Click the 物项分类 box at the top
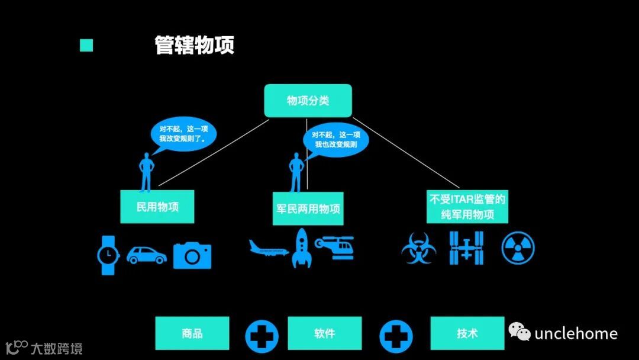pyautogui.click(x=308, y=100)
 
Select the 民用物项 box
pyautogui.click(x=157, y=207)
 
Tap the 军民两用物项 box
pyautogui.click(x=308, y=208)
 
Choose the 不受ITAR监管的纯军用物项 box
pyautogui.click(x=467, y=206)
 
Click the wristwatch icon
pyautogui.click(x=108, y=255)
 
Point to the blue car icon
pyautogui.click(x=146, y=255)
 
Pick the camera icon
pyautogui.click(x=192, y=255)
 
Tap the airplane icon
pyautogui.click(x=269, y=249)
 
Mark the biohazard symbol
pyautogui.click(x=419, y=248)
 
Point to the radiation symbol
pyautogui.click(x=518, y=247)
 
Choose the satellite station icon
pyautogui.click(x=466, y=247)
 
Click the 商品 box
pyautogui.click(x=192, y=333)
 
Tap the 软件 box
pyautogui.click(x=324, y=333)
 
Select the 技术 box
pyautogui.click(x=467, y=333)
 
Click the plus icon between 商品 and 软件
pyautogui.click(x=262, y=336)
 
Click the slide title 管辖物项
pyautogui.click(x=195, y=46)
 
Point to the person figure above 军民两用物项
pyautogui.click(x=295, y=172)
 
